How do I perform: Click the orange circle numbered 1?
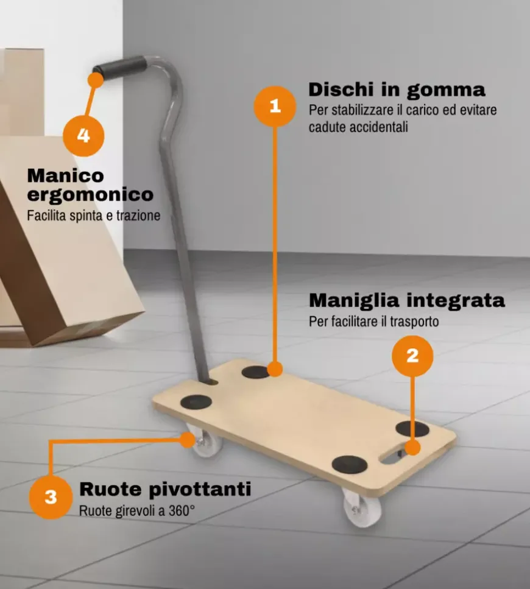pos(275,106)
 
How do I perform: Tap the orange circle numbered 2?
pos(412,356)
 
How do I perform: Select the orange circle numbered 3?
pos(51,497)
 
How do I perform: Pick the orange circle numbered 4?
pos(83,135)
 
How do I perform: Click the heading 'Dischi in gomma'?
pos(397,90)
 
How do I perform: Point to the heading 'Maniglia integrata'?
pos(406,300)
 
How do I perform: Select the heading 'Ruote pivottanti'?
pos(165,489)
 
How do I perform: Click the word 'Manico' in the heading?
pos(65,175)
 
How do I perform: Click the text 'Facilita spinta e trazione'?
pos(93,216)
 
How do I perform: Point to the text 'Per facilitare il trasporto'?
pos(373,321)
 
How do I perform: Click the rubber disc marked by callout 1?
pos(256,372)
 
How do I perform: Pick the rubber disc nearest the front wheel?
pos(349,464)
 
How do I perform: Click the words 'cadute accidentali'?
pos(358,127)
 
